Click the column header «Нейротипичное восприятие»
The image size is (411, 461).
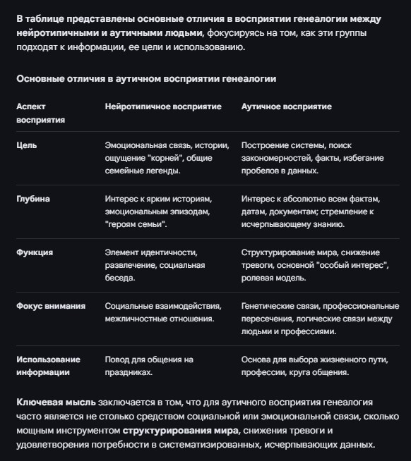click(163, 106)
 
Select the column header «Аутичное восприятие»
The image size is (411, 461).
click(286, 106)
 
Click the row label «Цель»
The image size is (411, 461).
click(27, 145)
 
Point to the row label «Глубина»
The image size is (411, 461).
click(33, 199)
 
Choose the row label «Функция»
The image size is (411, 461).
click(35, 252)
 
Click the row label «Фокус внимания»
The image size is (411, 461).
click(51, 306)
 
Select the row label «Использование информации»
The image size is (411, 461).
click(48, 366)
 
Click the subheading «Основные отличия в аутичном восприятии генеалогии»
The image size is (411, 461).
click(146, 78)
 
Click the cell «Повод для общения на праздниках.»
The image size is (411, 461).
click(149, 366)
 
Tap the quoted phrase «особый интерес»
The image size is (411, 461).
click(350, 265)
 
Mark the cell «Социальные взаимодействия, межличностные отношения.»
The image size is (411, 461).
click(162, 312)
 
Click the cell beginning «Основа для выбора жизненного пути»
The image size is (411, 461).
click(314, 366)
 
